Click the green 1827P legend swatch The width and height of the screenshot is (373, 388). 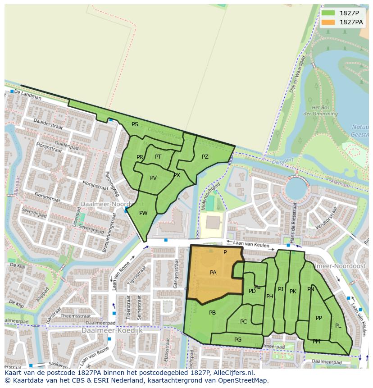[x=328, y=13]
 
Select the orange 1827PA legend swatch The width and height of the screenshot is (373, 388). [x=328, y=22]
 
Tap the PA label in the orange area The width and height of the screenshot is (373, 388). [x=213, y=273]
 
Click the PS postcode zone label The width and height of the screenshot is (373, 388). [x=135, y=124]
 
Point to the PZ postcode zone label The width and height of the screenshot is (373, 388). [x=205, y=157]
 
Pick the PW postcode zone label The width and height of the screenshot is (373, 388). [x=143, y=213]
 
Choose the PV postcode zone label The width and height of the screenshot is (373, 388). [x=153, y=178]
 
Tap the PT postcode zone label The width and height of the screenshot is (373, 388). [x=158, y=157]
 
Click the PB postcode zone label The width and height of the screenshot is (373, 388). [x=212, y=313]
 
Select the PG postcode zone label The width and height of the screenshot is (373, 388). [x=238, y=340]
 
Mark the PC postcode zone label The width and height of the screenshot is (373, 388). [x=243, y=322]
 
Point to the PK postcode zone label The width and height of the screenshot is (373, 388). [x=293, y=292]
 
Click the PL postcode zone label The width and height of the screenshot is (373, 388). [x=338, y=326]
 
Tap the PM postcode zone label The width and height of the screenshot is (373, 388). [x=316, y=342]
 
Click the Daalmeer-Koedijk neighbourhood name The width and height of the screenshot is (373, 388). [x=112, y=330]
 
